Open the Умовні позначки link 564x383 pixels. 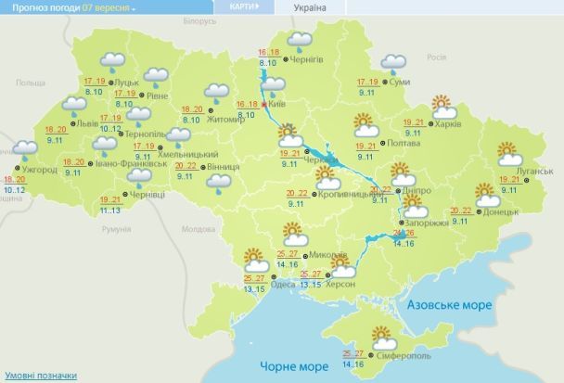(x=37, y=375)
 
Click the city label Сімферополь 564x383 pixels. (x=405, y=356)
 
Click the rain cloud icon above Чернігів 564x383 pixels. (x=299, y=40)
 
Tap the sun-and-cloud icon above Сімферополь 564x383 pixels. (x=382, y=336)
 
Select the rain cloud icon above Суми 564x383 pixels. (x=394, y=63)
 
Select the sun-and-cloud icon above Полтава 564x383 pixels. (x=365, y=124)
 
